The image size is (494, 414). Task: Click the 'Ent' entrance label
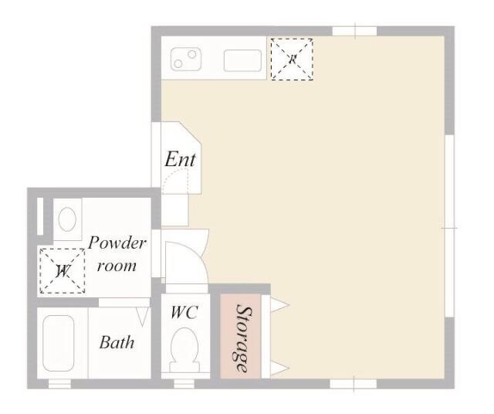coord(180,159)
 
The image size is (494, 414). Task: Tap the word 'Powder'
coord(117,243)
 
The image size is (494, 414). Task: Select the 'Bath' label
coord(117,342)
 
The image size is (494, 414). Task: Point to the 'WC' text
coord(184,313)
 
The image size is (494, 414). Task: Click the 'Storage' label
coord(244,338)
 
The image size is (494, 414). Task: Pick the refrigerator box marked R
coord(292,59)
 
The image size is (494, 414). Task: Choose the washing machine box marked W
coord(62,271)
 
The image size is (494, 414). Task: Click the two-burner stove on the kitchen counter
coord(186,59)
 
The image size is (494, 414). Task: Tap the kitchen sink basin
coord(242,60)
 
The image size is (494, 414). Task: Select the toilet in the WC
coord(184,350)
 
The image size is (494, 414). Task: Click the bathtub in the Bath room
coord(59,343)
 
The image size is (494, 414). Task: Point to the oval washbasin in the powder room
coord(67,219)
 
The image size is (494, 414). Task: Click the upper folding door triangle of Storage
coord(279,305)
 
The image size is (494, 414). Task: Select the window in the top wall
coord(355,31)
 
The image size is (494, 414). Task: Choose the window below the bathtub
coord(59,384)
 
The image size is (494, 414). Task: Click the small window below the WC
coord(184,384)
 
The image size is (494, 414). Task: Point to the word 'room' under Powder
coord(117,266)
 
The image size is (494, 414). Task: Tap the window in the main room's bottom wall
coord(354,384)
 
